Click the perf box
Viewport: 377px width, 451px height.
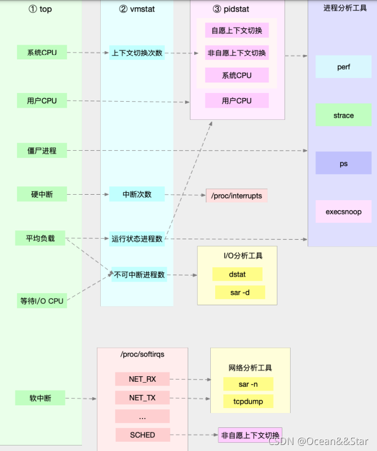343,67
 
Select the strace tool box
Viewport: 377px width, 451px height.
343,116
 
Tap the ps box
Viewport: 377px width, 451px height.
343,163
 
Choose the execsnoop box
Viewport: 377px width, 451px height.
343,212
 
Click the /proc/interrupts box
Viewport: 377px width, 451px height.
237,196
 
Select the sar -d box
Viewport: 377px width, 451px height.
239,292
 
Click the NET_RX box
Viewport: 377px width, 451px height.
143,380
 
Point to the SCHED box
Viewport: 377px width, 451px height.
143,435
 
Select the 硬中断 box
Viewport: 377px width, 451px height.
42,194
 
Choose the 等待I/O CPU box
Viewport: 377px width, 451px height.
42,301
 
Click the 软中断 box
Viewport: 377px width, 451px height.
41,398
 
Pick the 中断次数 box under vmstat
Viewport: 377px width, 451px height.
137,194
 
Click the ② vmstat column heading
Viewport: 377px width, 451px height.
138,9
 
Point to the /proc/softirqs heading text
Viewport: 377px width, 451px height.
142,355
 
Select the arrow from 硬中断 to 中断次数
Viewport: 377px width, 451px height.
88,194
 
